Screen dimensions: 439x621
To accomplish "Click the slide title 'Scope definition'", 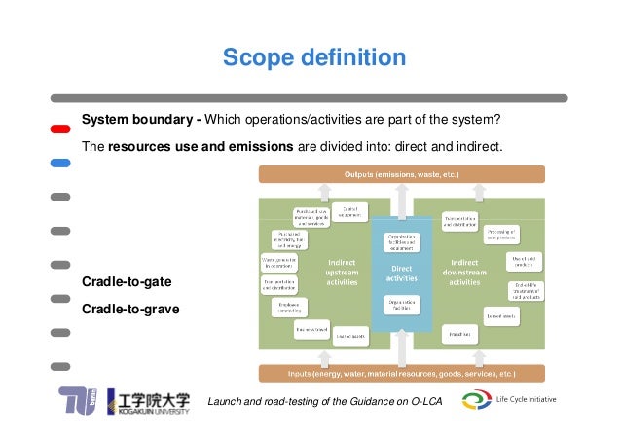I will (313, 58).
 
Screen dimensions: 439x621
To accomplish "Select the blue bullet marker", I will (60, 163).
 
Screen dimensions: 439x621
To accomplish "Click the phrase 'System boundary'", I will (136, 120).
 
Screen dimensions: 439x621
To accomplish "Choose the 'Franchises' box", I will (461, 334).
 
